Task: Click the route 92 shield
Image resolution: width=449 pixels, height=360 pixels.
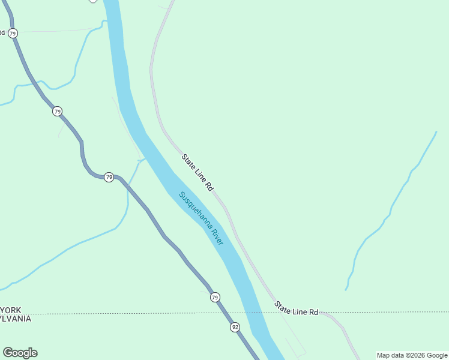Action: pyautogui.click(x=235, y=327)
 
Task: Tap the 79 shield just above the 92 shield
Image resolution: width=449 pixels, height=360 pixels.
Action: pyautogui.click(x=215, y=298)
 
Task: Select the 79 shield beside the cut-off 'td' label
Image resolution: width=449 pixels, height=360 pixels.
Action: pyautogui.click(x=13, y=32)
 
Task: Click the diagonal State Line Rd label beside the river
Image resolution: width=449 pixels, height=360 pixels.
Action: pyautogui.click(x=197, y=172)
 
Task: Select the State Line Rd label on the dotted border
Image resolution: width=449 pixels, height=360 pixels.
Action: pyautogui.click(x=296, y=309)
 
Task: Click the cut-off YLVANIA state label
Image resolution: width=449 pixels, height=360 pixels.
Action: pyautogui.click(x=15, y=319)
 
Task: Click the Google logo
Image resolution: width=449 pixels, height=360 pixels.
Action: pyautogui.click(x=20, y=353)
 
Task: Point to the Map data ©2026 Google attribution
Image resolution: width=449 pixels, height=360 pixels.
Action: pyautogui.click(x=412, y=355)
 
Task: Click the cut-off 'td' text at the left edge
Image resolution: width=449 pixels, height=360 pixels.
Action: pyautogui.click(x=2, y=32)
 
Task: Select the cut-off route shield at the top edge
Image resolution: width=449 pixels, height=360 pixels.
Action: pyautogui.click(x=92, y=1)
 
